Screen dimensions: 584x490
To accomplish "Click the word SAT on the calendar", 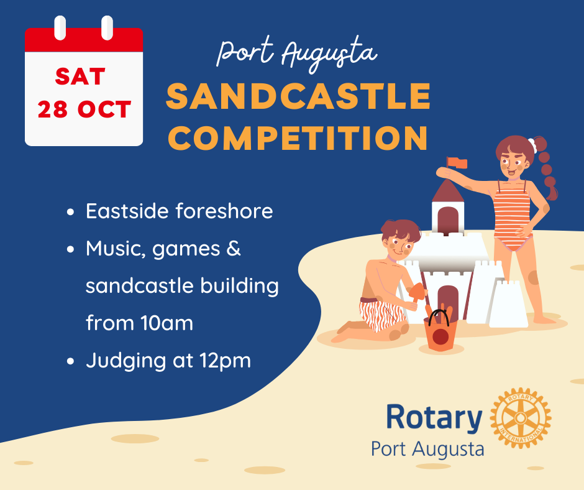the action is coord(80,77).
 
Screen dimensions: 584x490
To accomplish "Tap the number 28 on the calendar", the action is coord(53,109).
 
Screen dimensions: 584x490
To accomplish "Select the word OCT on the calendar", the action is coord(104,109).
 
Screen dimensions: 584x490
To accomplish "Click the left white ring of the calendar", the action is coord(60,27).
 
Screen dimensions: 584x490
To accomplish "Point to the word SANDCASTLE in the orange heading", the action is coord(298,96).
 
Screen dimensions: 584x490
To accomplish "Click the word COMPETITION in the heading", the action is coord(298,137).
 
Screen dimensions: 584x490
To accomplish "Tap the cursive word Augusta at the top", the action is coord(329,53).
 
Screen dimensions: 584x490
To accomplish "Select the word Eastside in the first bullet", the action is coord(127,211).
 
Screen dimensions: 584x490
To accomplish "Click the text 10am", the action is coord(167,323).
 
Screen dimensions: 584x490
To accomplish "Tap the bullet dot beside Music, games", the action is coord(70,249).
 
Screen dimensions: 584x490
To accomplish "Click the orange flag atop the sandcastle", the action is coord(457,163).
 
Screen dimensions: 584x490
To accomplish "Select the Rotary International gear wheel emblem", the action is coord(520,418).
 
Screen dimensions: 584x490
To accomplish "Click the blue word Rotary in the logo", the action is coord(434,418).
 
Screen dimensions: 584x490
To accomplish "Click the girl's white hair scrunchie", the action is coord(532,145).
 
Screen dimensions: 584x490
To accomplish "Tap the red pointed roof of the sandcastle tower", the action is coord(448,191).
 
